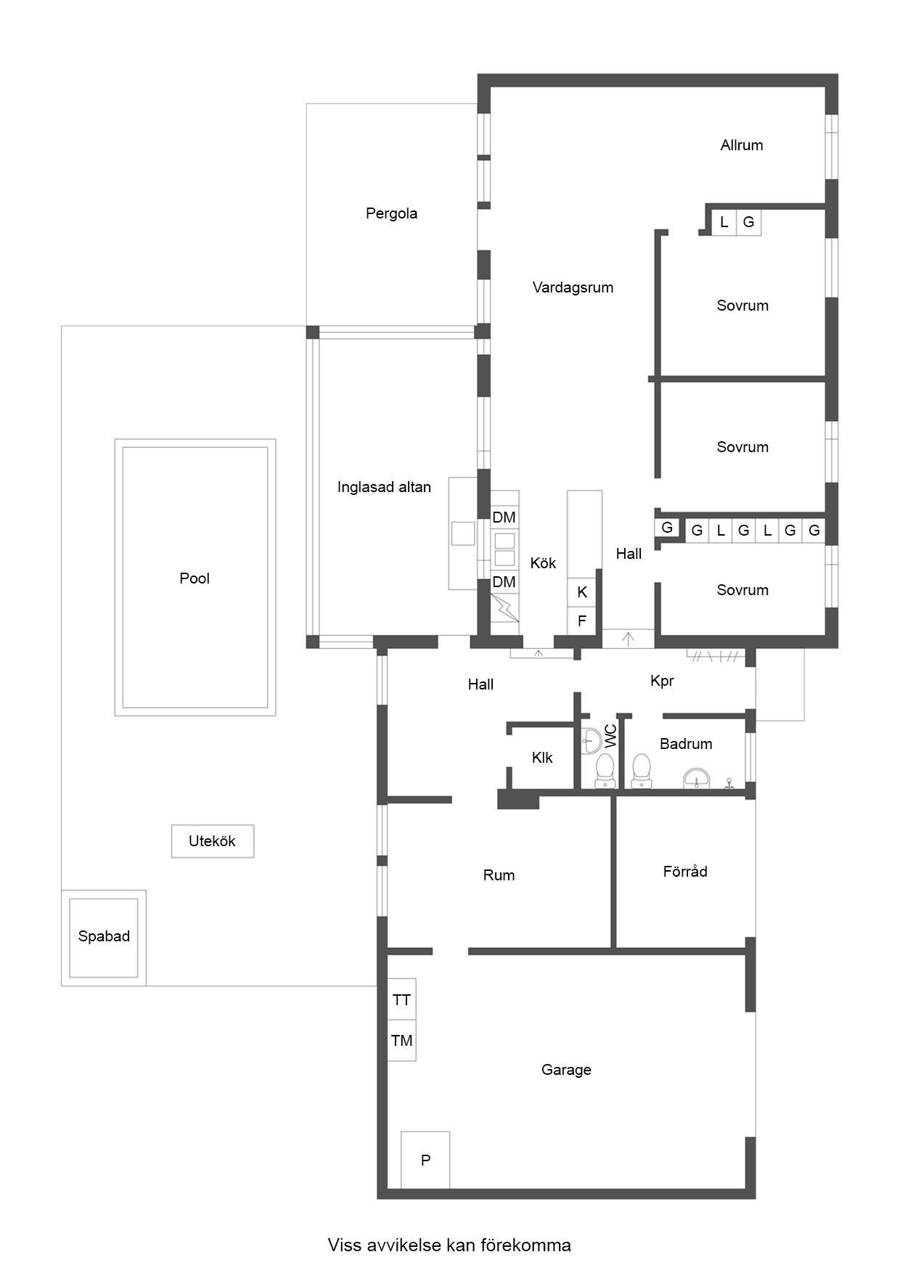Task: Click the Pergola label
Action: click(x=391, y=213)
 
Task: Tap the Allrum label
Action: click(x=741, y=145)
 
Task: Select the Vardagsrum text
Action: click(x=573, y=287)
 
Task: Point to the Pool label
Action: click(x=195, y=578)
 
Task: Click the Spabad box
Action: click(x=104, y=938)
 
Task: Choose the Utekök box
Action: click(x=213, y=841)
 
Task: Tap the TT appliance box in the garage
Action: click(x=401, y=999)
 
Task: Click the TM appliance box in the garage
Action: click(x=401, y=1041)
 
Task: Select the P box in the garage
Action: click(x=425, y=1160)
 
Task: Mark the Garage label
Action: click(x=566, y=1070)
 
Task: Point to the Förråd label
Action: click(x=685, y=871)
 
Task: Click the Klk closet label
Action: click(x=542, y=758)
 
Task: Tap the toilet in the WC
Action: click(x=604, y=771)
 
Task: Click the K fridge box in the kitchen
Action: click(x=581, y=592)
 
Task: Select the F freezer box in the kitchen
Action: click(x=581, y=621)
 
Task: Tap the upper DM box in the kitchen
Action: click(x=504, y=517)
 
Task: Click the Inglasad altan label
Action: click(x=384, y=487)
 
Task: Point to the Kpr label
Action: click(x=662, y=681)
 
